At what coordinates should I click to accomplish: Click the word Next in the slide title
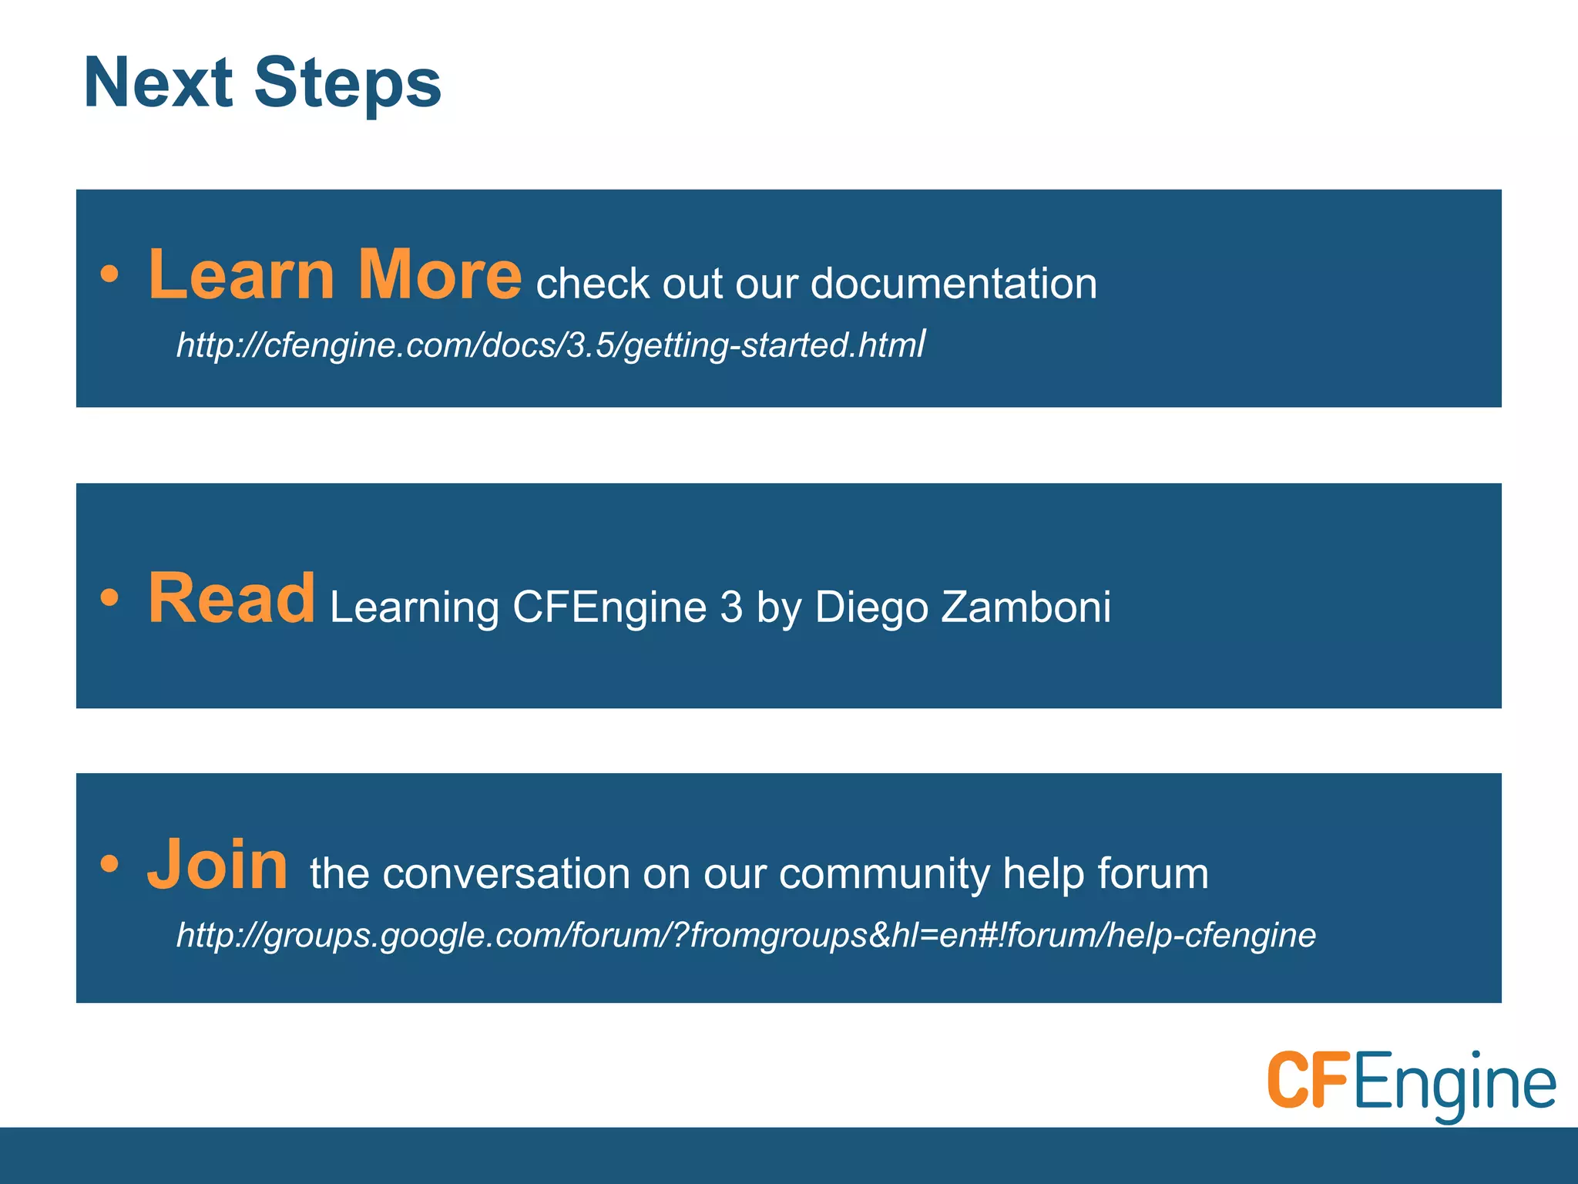pos(158,82)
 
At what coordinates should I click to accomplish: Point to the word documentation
pos(953,284)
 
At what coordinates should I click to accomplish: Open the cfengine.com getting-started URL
pos(550,345)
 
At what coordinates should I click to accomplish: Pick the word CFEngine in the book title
pos(609,607)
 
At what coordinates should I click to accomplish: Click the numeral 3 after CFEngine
pos(731,607)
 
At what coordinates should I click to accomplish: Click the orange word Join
pos(218,865)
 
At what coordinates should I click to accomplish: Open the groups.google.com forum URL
pos(746,935)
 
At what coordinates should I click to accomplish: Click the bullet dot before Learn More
pos(109,274)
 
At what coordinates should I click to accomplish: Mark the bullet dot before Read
pos(109,597)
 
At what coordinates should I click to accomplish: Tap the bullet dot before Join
pos(109,864)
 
